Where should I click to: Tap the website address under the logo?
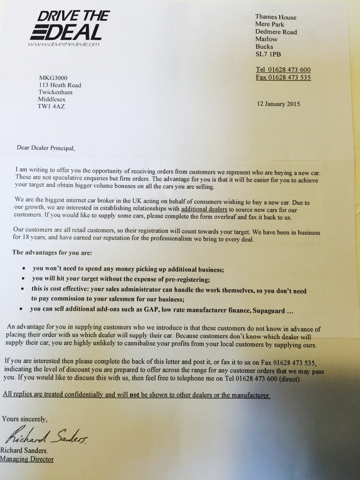pos(63,45)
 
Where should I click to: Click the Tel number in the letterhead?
pos(283,70)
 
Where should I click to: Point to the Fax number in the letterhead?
pos(283,78)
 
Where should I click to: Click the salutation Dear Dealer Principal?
pos(45,148)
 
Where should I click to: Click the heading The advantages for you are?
pos(52,252)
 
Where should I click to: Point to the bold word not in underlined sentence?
pos(134,395)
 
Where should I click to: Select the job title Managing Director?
pos(27,459)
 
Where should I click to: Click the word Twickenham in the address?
pos(55,92)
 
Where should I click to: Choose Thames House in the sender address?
pos(276,17)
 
